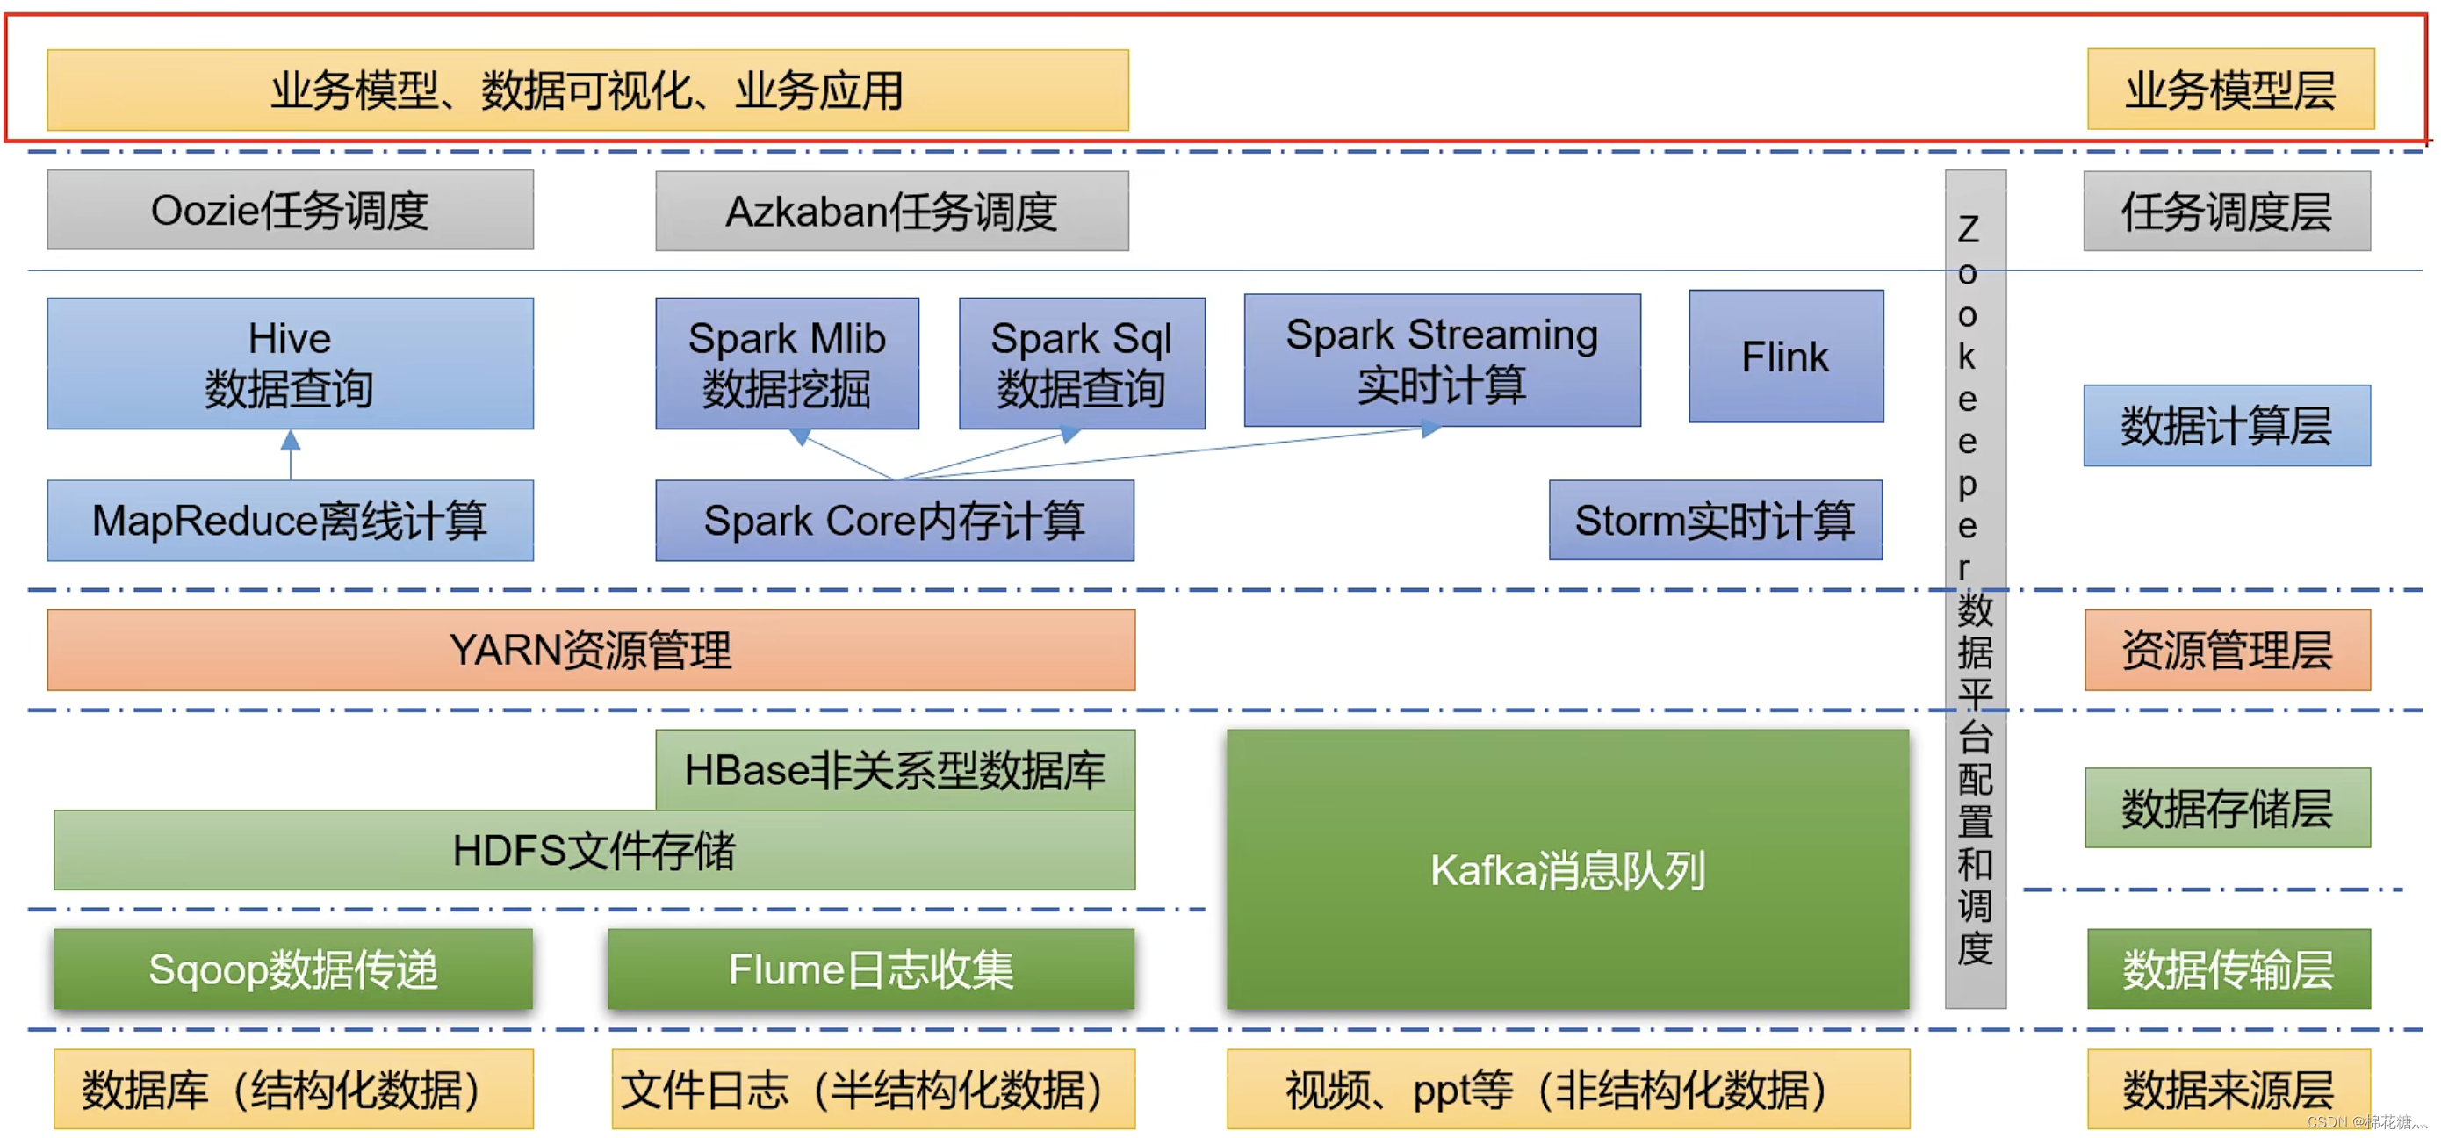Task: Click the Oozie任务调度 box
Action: [290, 211]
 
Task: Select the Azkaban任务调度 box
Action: [892, 212]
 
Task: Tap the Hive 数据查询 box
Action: [290, 364]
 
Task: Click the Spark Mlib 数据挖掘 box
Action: [787, 364]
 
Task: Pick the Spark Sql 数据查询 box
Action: [1081, 364]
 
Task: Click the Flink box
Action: [1785, 357]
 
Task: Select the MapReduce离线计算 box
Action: [290, 520]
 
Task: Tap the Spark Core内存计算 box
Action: [895, 520]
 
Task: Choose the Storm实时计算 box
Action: [1715, 520]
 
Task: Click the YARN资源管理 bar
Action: [591, 650]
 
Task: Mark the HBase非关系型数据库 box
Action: [895, 769]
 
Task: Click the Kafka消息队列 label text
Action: [1567, 870]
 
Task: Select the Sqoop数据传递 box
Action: [292, 969]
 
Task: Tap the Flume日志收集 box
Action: [871, 969]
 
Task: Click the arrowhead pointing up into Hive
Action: [291, 441]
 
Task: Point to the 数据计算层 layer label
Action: [2227, 426]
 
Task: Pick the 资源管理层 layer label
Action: [2227, 650]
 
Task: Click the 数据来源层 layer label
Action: [2228, 1089]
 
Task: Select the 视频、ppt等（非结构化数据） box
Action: [1567, 1089]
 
